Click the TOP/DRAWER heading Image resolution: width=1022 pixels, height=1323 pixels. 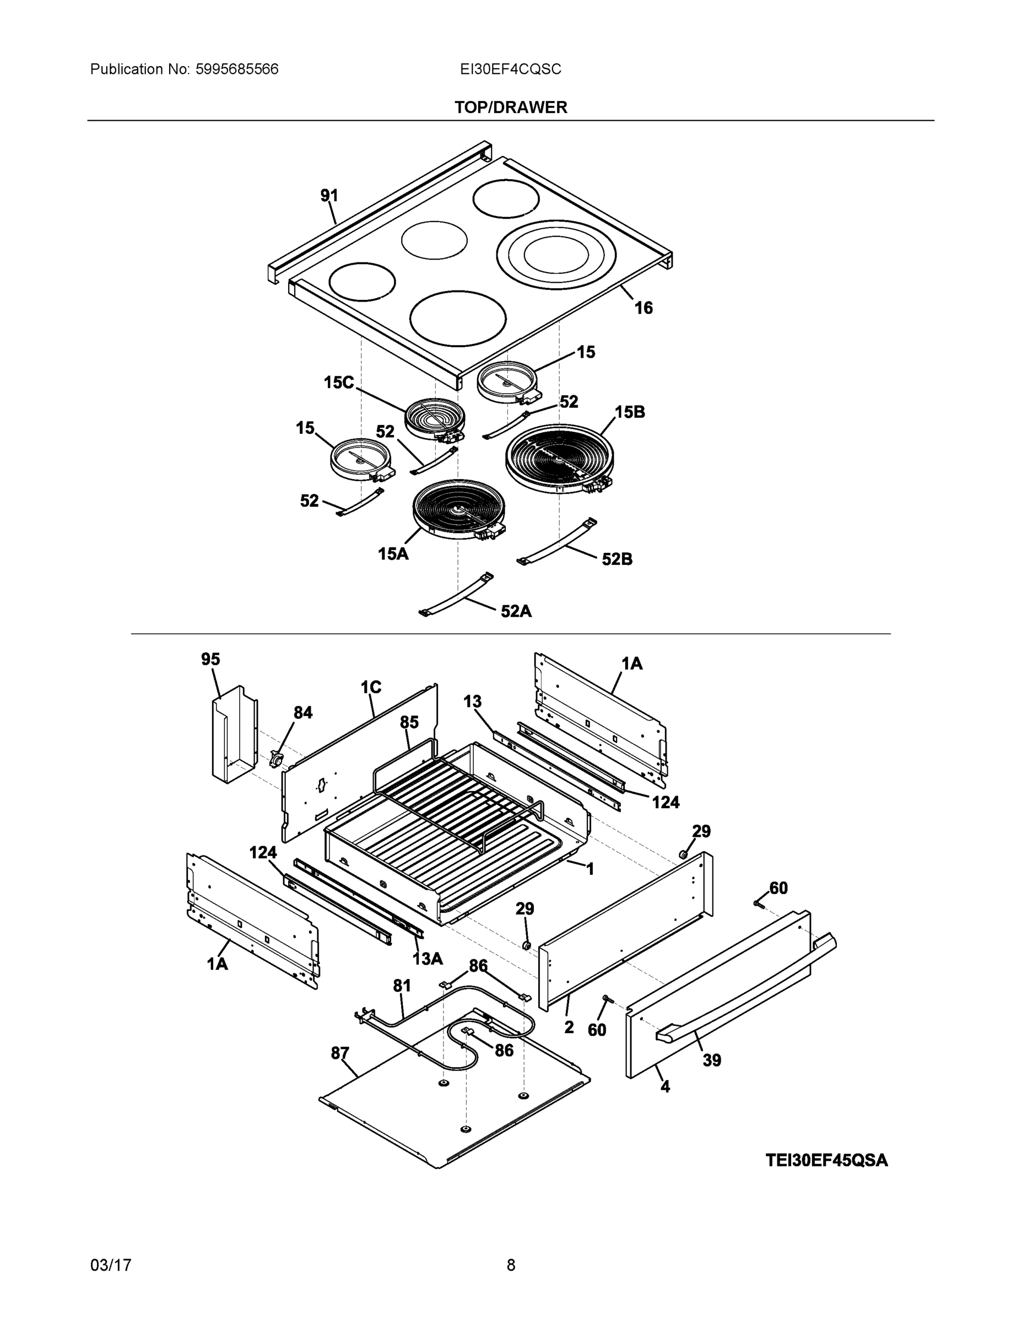tap(510, 107)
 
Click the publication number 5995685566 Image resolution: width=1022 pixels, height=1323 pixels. tap(237, 69)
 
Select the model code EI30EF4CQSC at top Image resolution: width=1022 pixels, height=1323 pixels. tap(510, 69)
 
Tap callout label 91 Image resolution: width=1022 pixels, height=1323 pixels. tap(329, 195)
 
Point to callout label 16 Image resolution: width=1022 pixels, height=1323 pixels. tap(643, 308)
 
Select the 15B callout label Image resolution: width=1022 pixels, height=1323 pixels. tap(630, 412)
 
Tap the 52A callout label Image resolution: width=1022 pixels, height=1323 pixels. tap(516, 611)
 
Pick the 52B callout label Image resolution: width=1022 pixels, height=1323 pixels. tap(617, 559)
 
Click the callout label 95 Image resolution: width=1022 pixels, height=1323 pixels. tap(210, 659)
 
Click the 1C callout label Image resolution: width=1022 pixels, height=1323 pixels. tap(371, 687)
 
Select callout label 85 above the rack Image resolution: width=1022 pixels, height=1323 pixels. tap(409, 722)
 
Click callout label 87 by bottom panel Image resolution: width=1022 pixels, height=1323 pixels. tap(340, 1053)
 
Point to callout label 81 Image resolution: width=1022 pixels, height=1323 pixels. tap(402, 986)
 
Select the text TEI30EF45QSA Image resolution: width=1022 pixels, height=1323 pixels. tap(826, 1160)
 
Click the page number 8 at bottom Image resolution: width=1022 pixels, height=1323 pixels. tap(510, 1265)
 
